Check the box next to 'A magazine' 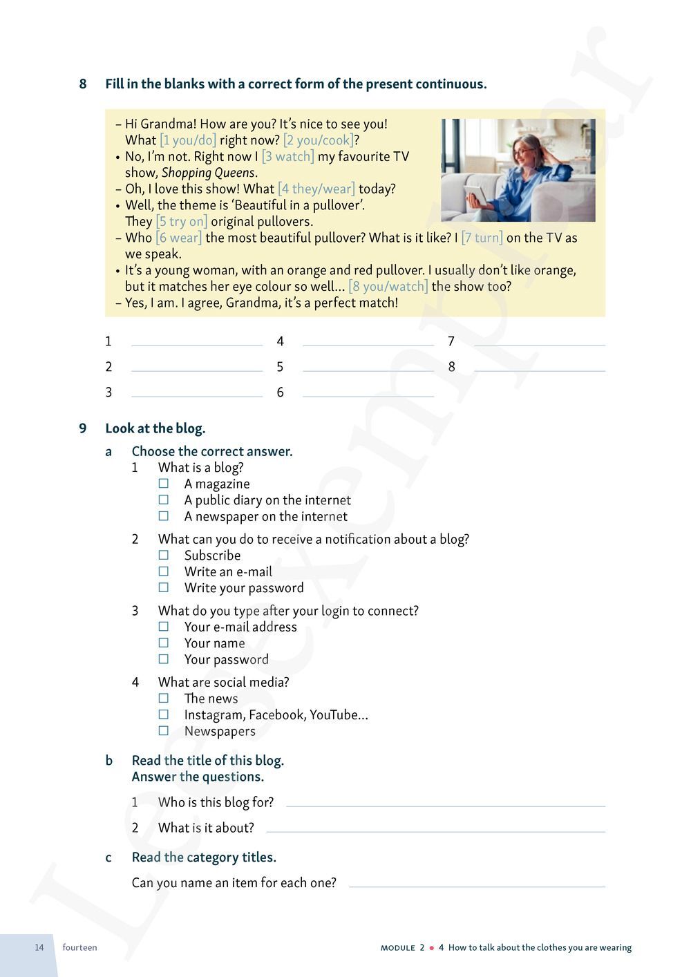(x=164, y=484)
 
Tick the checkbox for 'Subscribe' (x=164, y=555)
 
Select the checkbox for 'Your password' (x=164, y=659)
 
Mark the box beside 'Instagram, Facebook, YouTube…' (x=164, y=714)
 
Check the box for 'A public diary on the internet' (x=164, y=500)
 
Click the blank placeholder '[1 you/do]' (x=188, y=140)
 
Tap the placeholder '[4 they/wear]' (x=316, y=189)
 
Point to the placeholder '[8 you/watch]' (x=388, y=286)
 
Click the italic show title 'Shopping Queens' (x=208, y=173)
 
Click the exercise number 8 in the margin (x=83, y=84)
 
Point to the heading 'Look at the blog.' (x=155, y=428)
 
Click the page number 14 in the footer (x=39, y=947)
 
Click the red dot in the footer (x=432, y=948)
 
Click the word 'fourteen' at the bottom (x=79, y=947)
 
